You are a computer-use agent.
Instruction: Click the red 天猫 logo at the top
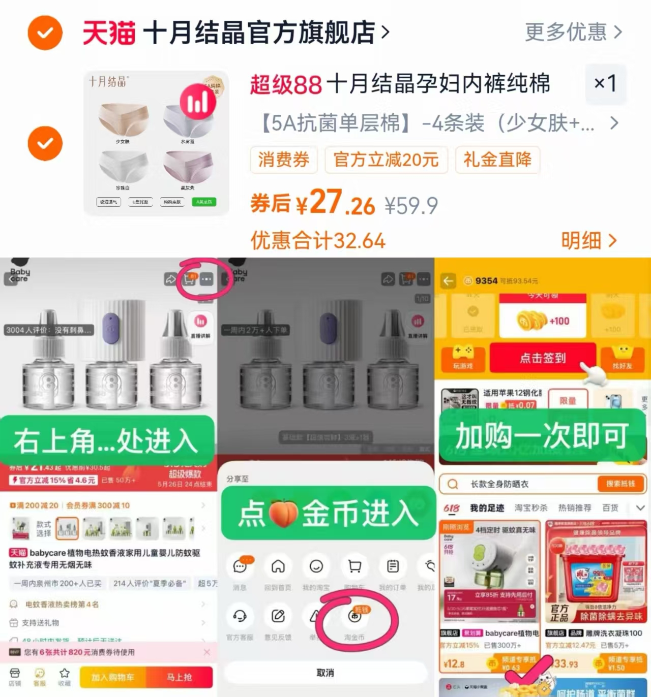109,33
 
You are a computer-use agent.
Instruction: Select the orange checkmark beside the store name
45,33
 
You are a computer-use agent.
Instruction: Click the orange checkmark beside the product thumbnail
45,143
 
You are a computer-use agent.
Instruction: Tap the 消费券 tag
283,160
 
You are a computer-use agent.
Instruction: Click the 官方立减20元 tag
386,160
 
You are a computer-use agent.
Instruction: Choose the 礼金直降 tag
497,160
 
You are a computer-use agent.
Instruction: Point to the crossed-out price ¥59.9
411,206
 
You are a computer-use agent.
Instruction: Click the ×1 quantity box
605,83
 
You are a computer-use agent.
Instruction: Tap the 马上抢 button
179,677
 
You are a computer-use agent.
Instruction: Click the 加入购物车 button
113,677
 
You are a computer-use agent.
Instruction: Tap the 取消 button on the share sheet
325,673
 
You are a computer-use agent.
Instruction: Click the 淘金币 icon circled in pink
355,617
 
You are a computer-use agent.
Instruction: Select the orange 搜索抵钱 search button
620,484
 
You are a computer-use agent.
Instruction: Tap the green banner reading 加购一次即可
542,436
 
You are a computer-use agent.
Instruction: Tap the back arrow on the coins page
448,281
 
